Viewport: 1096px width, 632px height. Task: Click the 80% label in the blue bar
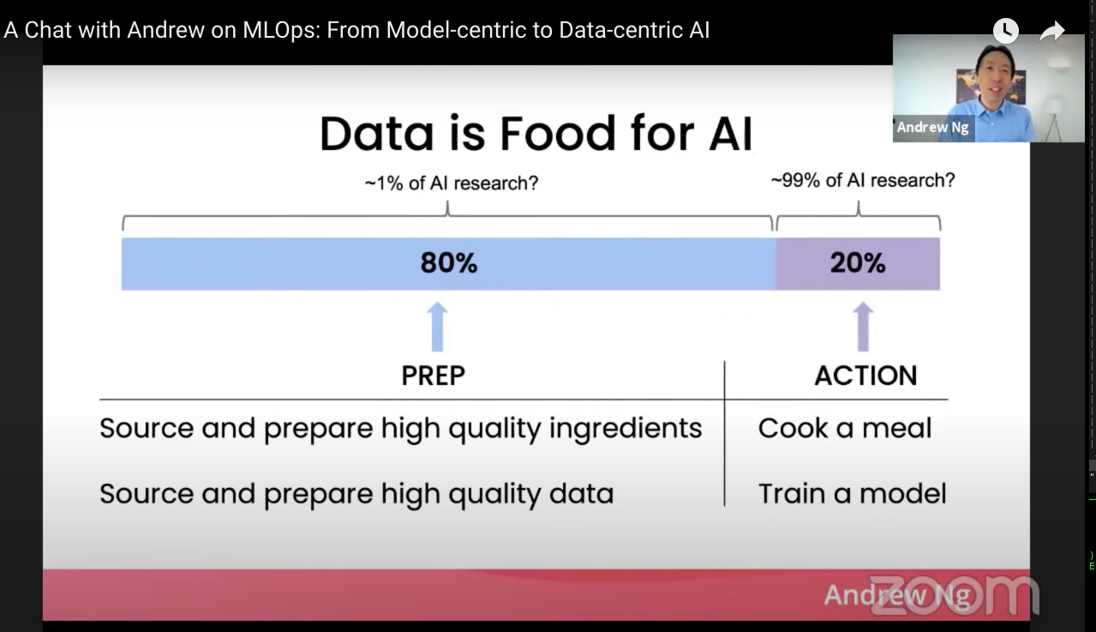[448, 262]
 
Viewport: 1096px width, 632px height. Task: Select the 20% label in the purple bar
[857, 262]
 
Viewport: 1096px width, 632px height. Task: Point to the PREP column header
[433, 376]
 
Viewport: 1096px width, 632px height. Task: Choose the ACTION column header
[865, 376]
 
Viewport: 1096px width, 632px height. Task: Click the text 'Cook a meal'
[844, 428]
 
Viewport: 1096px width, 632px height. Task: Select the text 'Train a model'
[852, 493]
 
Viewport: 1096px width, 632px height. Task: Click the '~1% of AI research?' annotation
[451, 183]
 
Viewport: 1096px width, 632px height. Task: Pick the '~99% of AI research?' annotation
[862, 180]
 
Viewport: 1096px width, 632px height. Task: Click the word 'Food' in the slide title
[565, 134]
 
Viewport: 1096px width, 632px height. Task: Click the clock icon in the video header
[1005, 32]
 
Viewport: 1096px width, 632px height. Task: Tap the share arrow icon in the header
[1051, 32]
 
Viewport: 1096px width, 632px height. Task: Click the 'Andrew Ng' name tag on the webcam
[933, 128]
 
